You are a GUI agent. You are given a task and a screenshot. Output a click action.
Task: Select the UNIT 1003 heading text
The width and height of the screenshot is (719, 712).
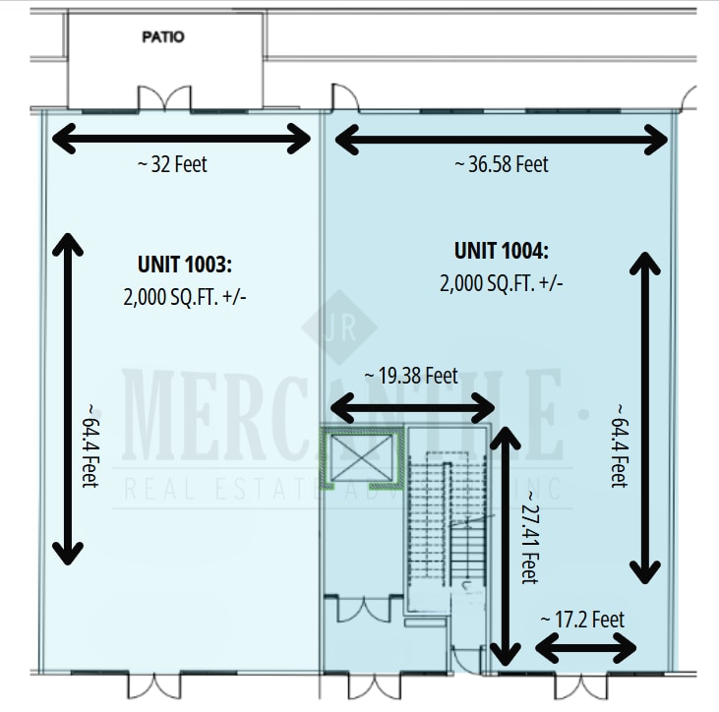pos(183,264)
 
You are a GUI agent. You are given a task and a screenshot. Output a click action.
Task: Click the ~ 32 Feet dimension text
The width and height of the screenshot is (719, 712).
pos(172,164)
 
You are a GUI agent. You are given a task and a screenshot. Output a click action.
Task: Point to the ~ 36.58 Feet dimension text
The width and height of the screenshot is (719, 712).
pos(501,164)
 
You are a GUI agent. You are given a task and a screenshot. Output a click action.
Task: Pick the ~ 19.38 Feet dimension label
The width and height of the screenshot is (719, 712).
pos(410,375)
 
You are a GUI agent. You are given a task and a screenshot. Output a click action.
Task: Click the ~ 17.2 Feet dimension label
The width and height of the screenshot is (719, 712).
pos(582,620)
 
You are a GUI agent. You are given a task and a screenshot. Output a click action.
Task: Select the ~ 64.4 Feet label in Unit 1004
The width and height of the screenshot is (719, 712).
pos(618,445)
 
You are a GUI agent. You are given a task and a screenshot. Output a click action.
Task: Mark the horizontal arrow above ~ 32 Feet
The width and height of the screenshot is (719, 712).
pos(181,139)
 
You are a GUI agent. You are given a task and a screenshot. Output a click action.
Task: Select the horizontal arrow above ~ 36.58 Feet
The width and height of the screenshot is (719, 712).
pos(501,140)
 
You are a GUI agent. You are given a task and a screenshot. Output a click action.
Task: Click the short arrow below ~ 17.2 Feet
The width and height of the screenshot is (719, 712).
pos(586,648)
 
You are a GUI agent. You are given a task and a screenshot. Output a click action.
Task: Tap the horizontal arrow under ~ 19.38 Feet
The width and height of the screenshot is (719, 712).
pos(412,405)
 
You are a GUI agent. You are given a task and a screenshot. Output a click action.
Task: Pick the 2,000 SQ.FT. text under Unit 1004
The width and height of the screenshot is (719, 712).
pos(501,283)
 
